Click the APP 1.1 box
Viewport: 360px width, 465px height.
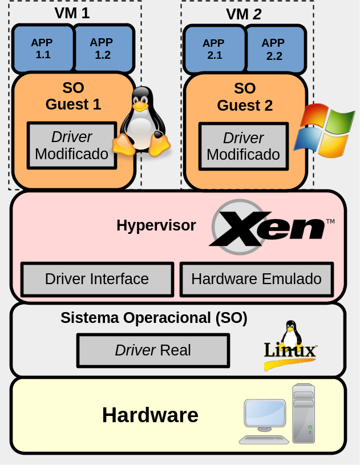(43, 48)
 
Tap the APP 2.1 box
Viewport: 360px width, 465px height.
(214, 49)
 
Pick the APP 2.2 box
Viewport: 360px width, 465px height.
(274, 49)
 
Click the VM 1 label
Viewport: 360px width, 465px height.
(72, 13)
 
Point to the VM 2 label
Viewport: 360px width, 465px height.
(244, 14)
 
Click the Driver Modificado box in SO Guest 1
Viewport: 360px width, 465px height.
(71, 145)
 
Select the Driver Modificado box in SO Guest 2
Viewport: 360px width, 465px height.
(243, 146)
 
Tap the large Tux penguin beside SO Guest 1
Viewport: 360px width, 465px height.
(141, 123)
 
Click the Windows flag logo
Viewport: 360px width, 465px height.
(324, 131)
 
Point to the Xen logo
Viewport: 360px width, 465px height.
(268, 227)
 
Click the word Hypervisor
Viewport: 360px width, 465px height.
(156, 225)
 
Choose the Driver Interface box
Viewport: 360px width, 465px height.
(97, 279)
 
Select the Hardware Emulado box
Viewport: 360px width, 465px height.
(256, 279)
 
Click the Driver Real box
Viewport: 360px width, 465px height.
(153, 350)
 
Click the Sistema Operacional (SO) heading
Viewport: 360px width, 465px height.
(154, 318)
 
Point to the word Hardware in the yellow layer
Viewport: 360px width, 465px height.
(150, 415)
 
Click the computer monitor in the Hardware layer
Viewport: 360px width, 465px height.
(265, 415)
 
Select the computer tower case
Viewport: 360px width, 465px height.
(304, 413)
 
